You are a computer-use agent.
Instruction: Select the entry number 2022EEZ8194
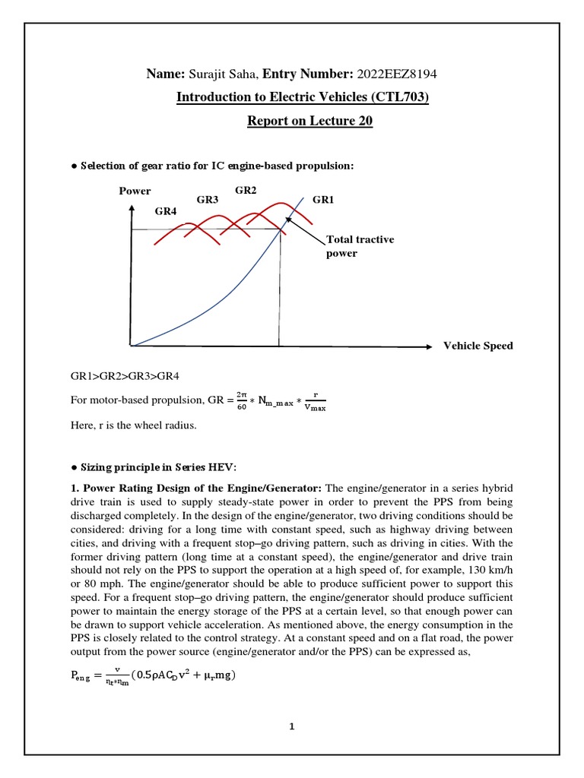(398, 74)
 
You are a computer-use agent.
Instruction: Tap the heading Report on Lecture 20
(310, 121)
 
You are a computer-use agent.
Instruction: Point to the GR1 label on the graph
(323, 199)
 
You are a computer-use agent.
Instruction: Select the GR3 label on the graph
(208, 199)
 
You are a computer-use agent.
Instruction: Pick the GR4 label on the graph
(166, 211)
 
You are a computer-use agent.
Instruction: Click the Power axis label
(135, 191)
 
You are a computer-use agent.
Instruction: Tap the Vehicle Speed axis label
(478, 346)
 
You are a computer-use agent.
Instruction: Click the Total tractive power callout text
(360, 246)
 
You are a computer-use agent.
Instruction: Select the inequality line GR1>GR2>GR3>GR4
(125, 376)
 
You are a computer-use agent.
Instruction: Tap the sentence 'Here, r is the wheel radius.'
(133, 425)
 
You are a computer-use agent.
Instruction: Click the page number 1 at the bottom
(291, 726)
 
